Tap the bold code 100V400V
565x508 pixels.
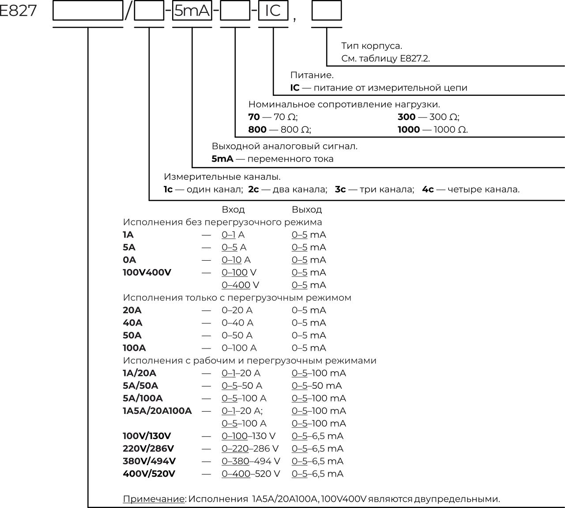pos(147,272)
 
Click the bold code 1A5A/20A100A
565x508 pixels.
pos(157,411)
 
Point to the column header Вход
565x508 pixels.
pos(233,209)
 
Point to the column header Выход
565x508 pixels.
pos(307,209)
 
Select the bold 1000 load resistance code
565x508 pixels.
pos(409,129)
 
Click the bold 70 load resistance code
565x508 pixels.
pos(254,117)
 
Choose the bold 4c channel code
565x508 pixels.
pos(428,190)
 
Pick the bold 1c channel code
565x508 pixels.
pos(168,190)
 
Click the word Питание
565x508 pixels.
pos(312,75)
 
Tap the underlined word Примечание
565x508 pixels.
pos(154,499)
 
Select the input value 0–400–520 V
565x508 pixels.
pos(251,474)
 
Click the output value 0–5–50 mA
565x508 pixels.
pos(316,386)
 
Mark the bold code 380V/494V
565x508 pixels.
pos(149,461)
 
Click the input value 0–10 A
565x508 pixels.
pos(236,260)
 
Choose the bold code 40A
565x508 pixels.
pos(132,323)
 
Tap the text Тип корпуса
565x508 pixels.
pos(371,46)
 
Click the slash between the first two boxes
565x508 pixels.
pos(128,11)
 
